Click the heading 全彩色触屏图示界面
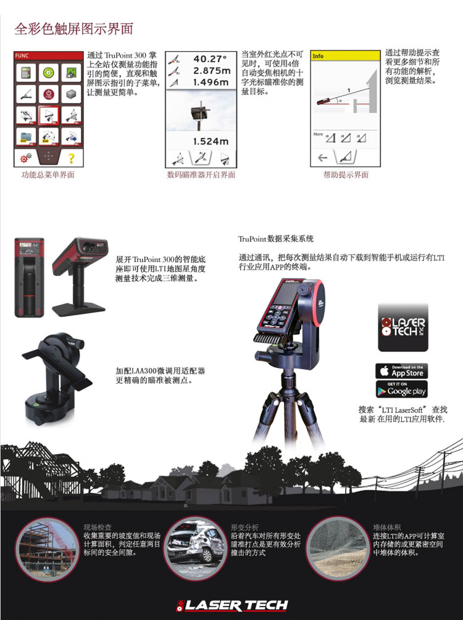tap(74, 29)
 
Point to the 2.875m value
tap(210, 71)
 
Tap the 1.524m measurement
tap(210, 142)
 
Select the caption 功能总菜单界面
tap(48, 175)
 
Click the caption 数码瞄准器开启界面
tap(201, 175)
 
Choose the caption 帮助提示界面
tap(346, 175)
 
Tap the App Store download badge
tap(401, 371)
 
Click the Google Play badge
tap(401, 390)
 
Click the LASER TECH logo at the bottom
tap(231, 605)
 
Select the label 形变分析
tap(244, 528)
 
